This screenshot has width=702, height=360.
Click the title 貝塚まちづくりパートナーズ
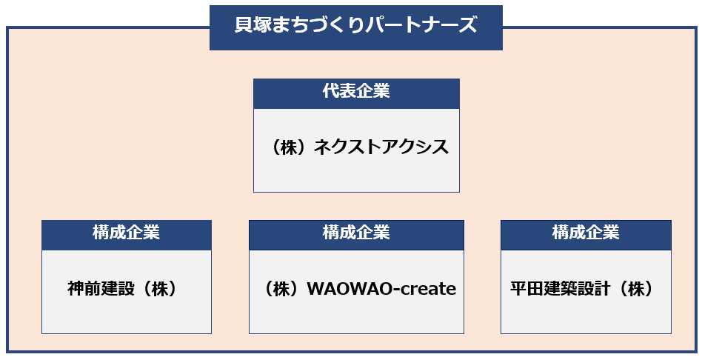[x=356, y=25]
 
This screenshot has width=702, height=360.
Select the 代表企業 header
[x=356, y=91]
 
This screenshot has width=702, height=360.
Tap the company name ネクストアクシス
[x=381, y=147]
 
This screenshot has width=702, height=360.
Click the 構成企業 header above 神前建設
[x=126, y=233]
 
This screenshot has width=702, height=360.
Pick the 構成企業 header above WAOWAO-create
[x=356, y=233]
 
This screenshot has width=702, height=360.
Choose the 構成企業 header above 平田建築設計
[x=586, y=233]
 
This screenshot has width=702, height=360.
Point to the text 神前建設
[x=101, y=289]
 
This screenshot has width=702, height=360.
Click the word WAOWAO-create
[x=381, y=289]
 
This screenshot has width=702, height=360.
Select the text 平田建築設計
[x=561, y=289]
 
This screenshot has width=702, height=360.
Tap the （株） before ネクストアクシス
[x=290, y=147]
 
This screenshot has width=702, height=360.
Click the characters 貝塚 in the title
[x=252, y=25]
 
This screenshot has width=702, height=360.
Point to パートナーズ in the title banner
[x=421, y=25]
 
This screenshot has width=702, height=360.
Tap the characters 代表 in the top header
[x=339, y=91]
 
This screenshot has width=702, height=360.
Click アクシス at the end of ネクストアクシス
[x=415, y=147]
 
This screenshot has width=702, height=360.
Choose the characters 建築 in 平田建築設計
[x=561, y=289]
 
